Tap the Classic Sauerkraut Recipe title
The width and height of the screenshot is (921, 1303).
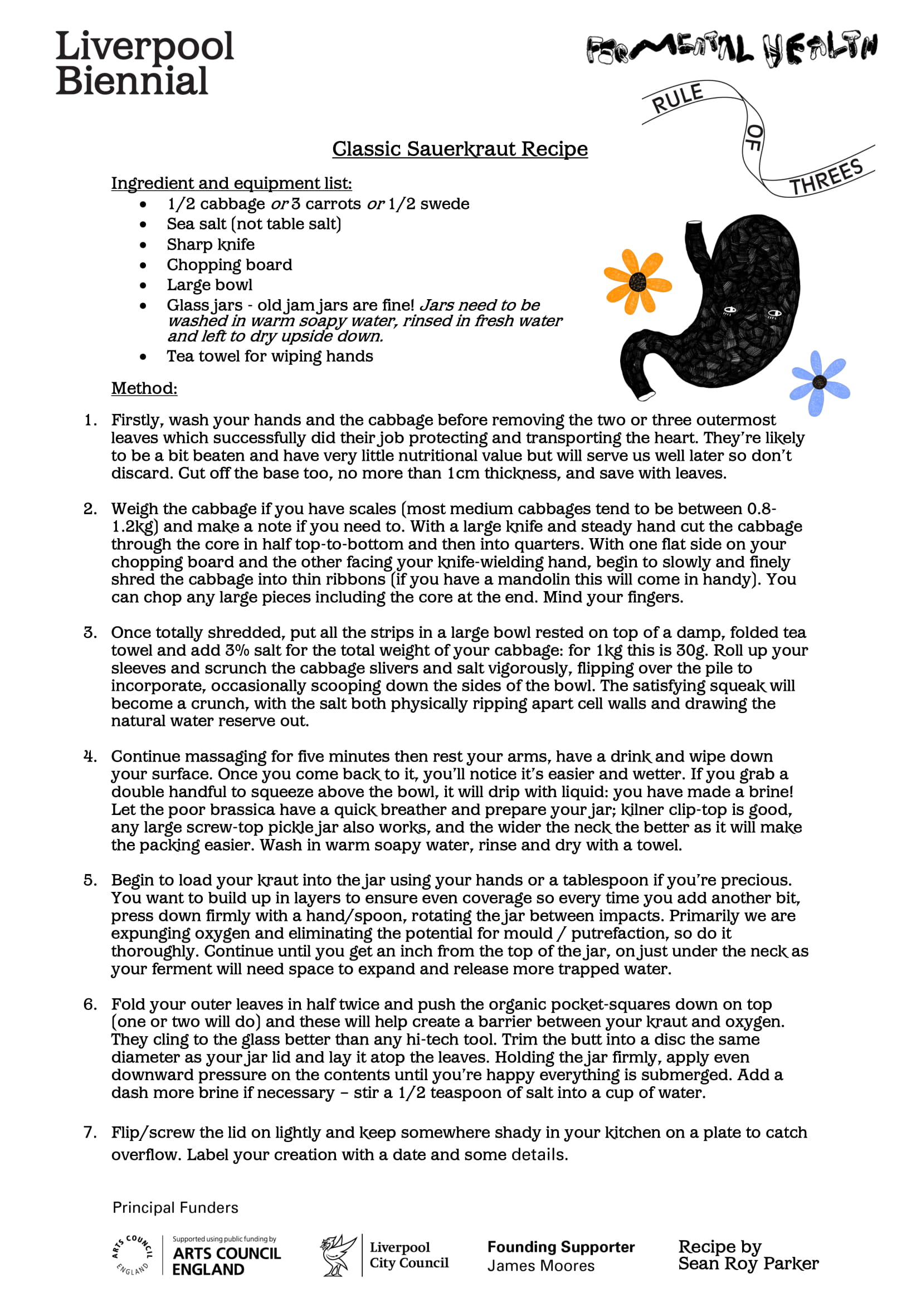[x=460, y=149]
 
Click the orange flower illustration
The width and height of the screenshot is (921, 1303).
[x=637, y=281]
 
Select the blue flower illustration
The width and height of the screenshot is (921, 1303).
[x=818, y=383]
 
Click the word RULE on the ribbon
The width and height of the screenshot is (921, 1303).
[x=678, y=98]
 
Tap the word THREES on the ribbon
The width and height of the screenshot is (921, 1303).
[x=826, y=177]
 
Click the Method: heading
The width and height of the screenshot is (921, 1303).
[x=144, y=388]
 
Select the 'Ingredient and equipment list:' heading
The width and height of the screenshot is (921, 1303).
[x=231, y=183]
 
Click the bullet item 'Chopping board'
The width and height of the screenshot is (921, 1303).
[x=229, y=265]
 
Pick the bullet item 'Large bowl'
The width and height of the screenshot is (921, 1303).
[x=209, y=285]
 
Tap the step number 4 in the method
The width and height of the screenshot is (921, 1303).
[x=90, y=757]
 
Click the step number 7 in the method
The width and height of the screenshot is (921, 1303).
[x=90, y=1132]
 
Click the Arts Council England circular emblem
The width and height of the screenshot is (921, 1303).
[x=132, y=1255]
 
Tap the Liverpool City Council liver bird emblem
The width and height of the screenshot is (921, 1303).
[x=339, y=1255]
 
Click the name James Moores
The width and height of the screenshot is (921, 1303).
[x=541, y=1266]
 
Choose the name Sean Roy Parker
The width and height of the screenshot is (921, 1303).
[x=748, y=1264]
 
